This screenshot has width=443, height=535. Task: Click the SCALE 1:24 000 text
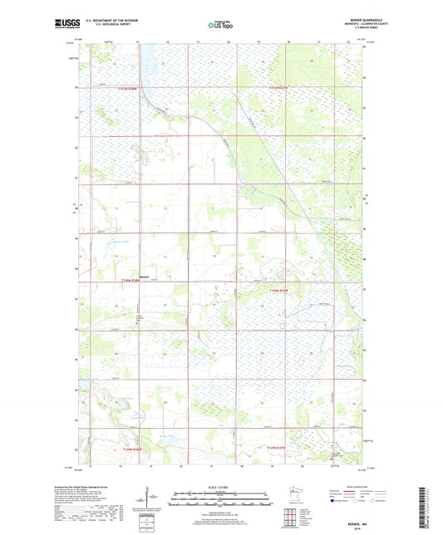click(221, 488)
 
